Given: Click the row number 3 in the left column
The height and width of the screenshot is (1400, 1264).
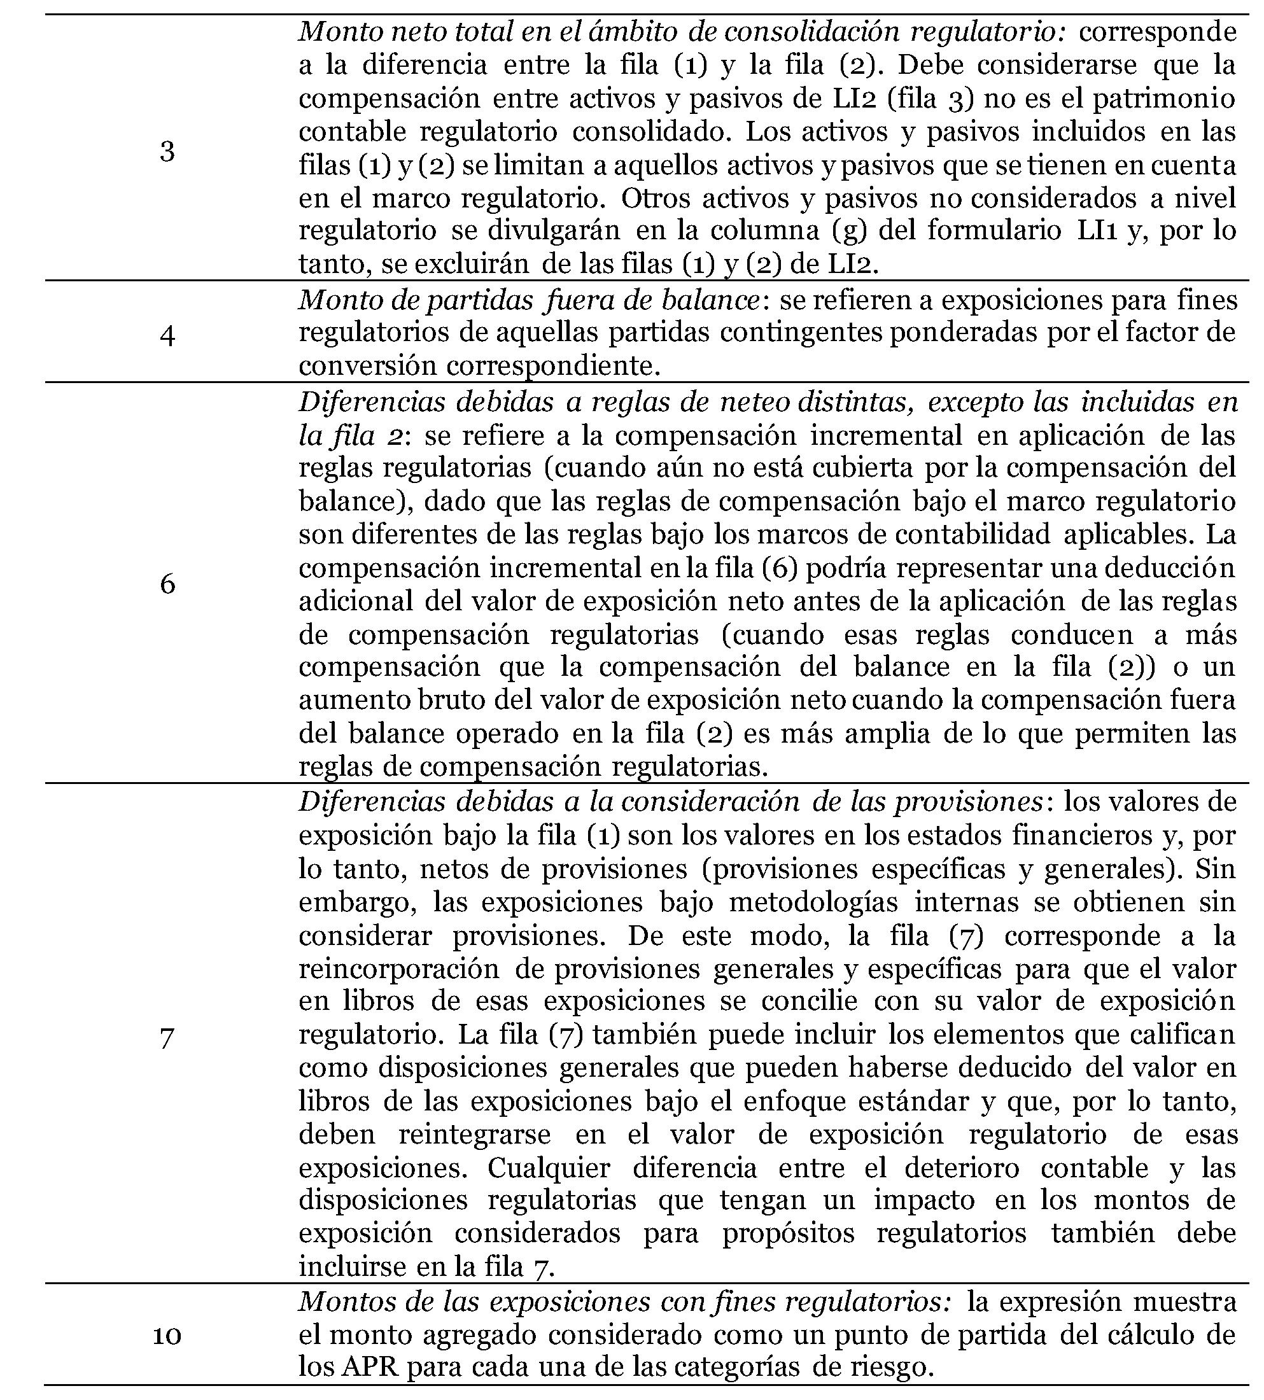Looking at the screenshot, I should pos(167,151).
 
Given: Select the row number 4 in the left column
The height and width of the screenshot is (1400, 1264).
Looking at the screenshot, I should pos(167,337).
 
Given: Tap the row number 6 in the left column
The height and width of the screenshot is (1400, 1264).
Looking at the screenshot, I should pos(167,584).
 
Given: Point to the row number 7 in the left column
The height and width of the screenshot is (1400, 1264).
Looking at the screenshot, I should pos(167,1037).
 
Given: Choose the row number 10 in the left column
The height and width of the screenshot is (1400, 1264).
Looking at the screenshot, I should pos(167,1334).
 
